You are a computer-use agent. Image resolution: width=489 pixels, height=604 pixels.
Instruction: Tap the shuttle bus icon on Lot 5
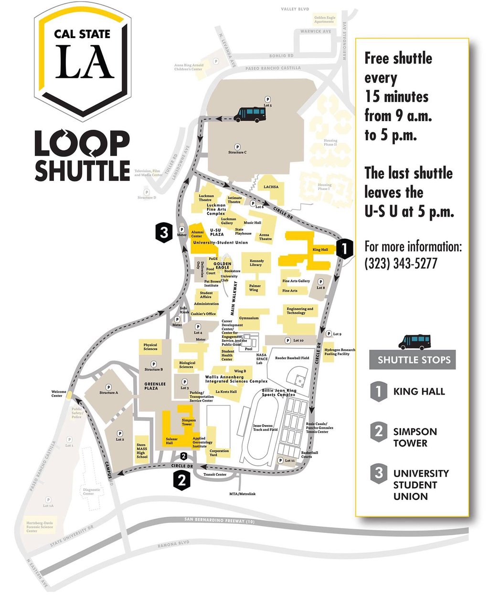250,114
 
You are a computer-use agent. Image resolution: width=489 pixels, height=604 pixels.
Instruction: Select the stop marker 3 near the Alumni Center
164,233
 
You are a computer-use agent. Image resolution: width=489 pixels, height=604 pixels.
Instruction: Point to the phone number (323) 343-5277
401,263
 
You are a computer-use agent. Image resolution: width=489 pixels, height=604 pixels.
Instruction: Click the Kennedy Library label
256,263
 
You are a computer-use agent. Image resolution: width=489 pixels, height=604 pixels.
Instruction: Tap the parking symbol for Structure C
237,146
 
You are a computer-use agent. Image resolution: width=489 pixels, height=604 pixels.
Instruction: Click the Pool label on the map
248,349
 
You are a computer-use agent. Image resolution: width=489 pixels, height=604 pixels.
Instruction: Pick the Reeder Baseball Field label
292,358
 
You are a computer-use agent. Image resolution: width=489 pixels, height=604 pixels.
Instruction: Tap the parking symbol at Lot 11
281,460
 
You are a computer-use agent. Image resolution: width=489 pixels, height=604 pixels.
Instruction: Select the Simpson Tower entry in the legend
415,437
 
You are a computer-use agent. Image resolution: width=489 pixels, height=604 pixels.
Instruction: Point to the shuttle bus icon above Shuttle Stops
414,341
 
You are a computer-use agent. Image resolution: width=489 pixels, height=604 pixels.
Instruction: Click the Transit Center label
215,475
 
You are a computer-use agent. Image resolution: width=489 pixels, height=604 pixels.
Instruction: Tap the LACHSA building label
271,187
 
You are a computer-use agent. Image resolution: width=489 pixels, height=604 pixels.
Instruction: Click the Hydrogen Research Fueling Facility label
340,352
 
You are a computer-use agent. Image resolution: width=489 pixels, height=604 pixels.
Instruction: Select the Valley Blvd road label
295,9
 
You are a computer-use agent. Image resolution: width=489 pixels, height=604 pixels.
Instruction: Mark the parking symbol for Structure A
108,387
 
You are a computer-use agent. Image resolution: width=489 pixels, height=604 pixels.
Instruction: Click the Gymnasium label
249,318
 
